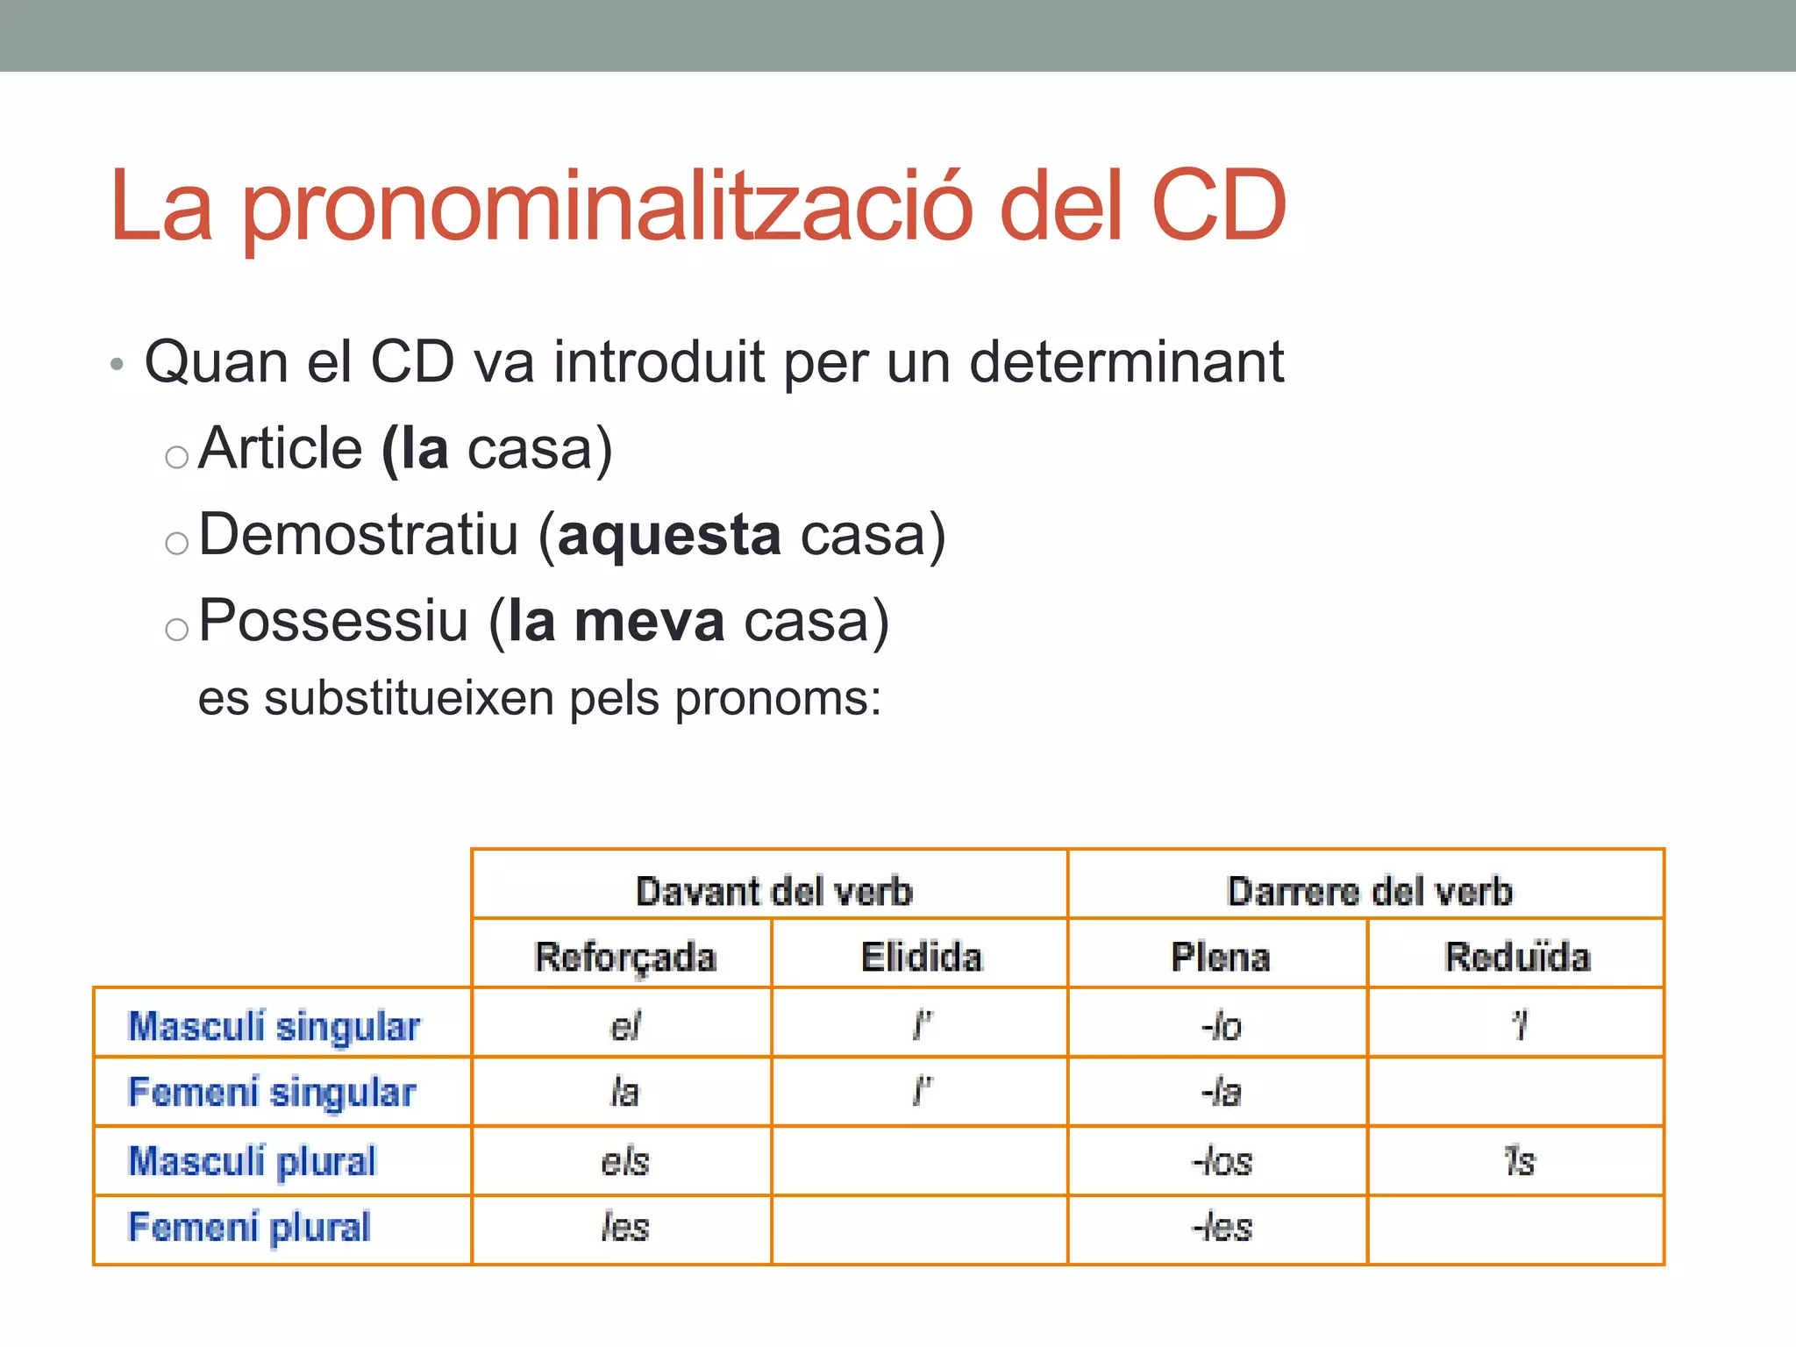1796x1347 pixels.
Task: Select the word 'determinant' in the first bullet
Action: (x=1126, y=361)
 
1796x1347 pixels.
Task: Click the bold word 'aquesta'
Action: (x=669, y=535)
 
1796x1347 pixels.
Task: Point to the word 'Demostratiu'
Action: (x=359, y=535)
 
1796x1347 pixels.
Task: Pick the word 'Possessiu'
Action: (x=333, y=621)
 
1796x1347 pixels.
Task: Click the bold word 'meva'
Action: (x=649, y=621)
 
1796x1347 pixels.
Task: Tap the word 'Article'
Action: (x=281, y=449)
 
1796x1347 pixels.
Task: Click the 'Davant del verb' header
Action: (x=773, y=891)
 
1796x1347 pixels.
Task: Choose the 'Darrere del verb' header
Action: (x=1370, y=891)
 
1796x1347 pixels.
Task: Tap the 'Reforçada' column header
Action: (x=625, y=957)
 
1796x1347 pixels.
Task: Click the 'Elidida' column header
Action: (x=921, y=957)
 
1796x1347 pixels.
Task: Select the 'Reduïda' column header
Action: (x=1517, y=957)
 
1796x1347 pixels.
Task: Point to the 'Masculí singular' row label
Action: (x=274, y=1026)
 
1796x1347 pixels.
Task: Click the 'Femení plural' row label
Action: (x=250, y=1227)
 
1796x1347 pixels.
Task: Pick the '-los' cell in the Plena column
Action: (x=1222, y=1162)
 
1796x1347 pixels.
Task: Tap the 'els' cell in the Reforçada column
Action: (x=624, y=1162)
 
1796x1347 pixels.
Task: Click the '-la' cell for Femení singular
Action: (x=1222, y=1093)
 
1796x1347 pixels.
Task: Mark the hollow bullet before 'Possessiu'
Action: (x=177, y=629)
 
